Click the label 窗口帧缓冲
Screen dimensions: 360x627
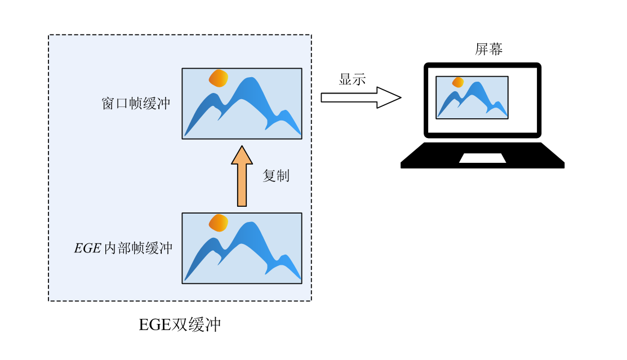click(x=136, y=104)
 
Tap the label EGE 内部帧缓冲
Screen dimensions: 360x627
click(x=123, y=248)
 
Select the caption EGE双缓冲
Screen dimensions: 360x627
click(x=180, y=325)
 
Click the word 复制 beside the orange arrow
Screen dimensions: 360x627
click(x=276, y=176)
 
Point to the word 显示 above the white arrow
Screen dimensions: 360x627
click(x=352, y=79)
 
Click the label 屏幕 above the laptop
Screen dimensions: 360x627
click(x=488, y=50)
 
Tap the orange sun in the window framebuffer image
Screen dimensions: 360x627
click(x=219, y=78)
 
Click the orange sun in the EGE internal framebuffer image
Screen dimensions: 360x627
click(x=219, y=223)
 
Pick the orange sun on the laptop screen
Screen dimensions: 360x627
click(x=458, y=82)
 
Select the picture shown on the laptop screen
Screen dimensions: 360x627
click(x=472, y=97)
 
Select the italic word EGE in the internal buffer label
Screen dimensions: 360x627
click(x=87, y=248)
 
